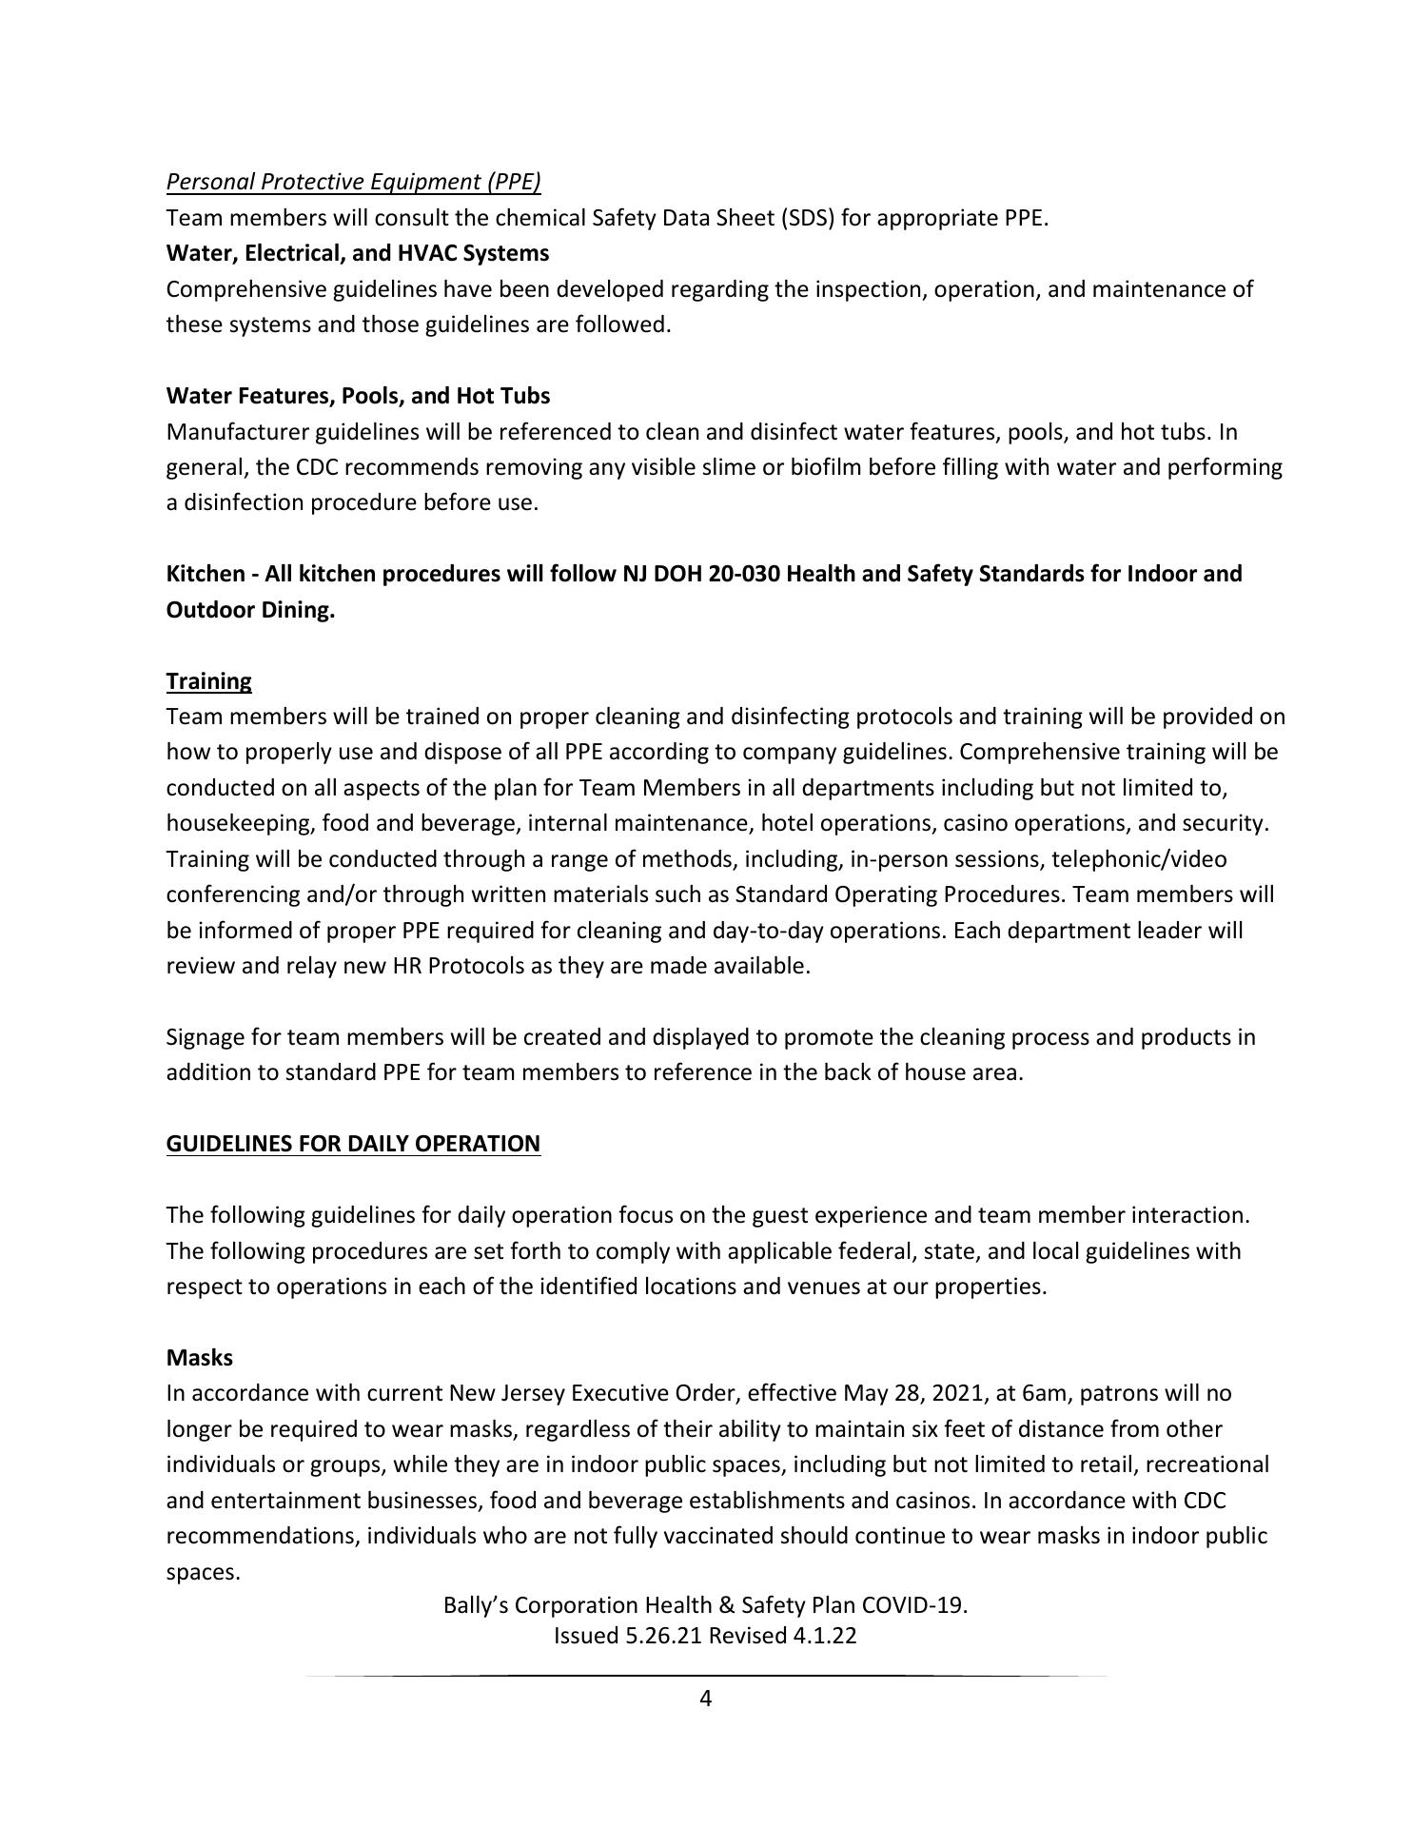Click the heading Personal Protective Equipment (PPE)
[x=353, y=182]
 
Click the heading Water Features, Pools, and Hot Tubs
[x=358, y=395]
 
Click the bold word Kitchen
[x=205, y=574]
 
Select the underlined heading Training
[x=208, y=681]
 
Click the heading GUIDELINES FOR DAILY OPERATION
[x=353, y=1144]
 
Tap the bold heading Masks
[x=199, y=1358]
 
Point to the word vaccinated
[x=718, y=1537]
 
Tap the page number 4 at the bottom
[x=705, y=1699]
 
